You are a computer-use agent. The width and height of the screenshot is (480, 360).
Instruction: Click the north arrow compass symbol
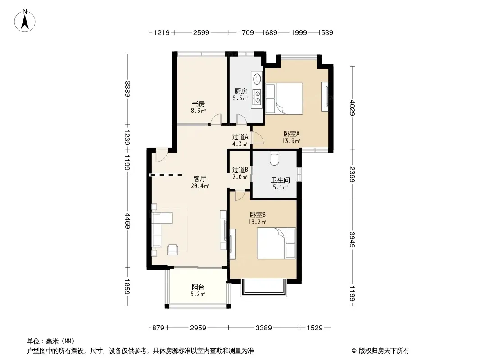[x=25, y=21]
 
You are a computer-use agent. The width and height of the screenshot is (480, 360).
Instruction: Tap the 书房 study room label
[x=199, y=103]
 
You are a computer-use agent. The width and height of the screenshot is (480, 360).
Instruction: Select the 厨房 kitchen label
[x=240, y=91]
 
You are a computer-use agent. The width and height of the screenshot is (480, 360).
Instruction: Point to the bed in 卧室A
[x=284, y=99]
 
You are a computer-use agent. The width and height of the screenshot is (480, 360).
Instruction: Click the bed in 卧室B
[x=276, y=243]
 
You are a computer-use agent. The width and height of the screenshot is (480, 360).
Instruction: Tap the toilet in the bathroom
[x=274, y=158]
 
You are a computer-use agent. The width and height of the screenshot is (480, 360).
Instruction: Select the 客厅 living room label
[x=199, y=179]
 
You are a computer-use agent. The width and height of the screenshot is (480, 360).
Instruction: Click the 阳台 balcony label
[x=198, y=287]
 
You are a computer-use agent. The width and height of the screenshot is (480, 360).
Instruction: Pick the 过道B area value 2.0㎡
[x=240, y=177]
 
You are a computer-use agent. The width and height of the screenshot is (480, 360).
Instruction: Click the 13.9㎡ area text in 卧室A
[x=291, y=141]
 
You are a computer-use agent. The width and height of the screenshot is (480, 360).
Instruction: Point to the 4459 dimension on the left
[x=127, y=221]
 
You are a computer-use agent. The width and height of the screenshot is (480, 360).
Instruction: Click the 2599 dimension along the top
[x=201, y=32]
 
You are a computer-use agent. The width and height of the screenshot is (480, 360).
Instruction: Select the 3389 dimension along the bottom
[x=263, y=328]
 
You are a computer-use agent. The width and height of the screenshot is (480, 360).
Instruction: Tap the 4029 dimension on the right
[x=353, y=108]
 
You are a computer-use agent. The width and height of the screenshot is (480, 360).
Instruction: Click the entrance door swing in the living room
[x=161, y=155]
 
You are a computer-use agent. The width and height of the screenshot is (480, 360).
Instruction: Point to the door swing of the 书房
[x=216, y=119]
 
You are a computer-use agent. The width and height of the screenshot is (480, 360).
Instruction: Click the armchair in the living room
[x=172, y=249]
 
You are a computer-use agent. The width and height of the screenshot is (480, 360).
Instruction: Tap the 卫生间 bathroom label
[x=280, y=180]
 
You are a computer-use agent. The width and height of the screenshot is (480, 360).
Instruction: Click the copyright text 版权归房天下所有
[x=384, y=351]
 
